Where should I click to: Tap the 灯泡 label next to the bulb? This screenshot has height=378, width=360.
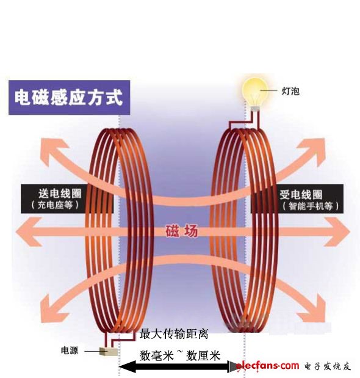pyautogui.click(x=290, y=91)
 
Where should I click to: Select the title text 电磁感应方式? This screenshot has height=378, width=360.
pyautogui.click(x=69, y=97)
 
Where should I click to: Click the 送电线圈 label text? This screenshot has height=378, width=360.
pyautogui.click(x=60, y=194)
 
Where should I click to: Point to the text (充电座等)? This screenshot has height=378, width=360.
pyautogui.click(x=55, y=205)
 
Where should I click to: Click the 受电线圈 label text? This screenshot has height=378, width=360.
pyautogui.click(x=301, y=194)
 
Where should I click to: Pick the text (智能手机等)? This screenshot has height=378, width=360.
pyautogui.click(x=311, y=206)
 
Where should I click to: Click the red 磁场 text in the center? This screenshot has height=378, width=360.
pyautogui.click(x=182, y=231)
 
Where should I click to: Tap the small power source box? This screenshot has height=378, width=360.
pyautogui.click(x=109, y=352)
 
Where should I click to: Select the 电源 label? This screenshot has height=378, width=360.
pyautogui.click(x=70, y=351)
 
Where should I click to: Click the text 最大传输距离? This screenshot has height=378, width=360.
pyautogui.click(x=173, y=334)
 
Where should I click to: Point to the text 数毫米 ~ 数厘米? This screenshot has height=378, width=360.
pyautogui.click(x=180, y=355)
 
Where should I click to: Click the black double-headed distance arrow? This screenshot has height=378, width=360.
pyautogui.click(x=179, y=367)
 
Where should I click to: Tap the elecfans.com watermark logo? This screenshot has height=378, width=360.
pyautogui.click(x=267, y=366)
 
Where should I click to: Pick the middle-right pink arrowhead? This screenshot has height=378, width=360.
pyautogui.click(x=337, y=232)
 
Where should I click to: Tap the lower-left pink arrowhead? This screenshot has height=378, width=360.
pyautogui.click(x=54, y=310)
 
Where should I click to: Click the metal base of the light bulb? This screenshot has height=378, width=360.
pyautogui.click(x=256, y=108)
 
